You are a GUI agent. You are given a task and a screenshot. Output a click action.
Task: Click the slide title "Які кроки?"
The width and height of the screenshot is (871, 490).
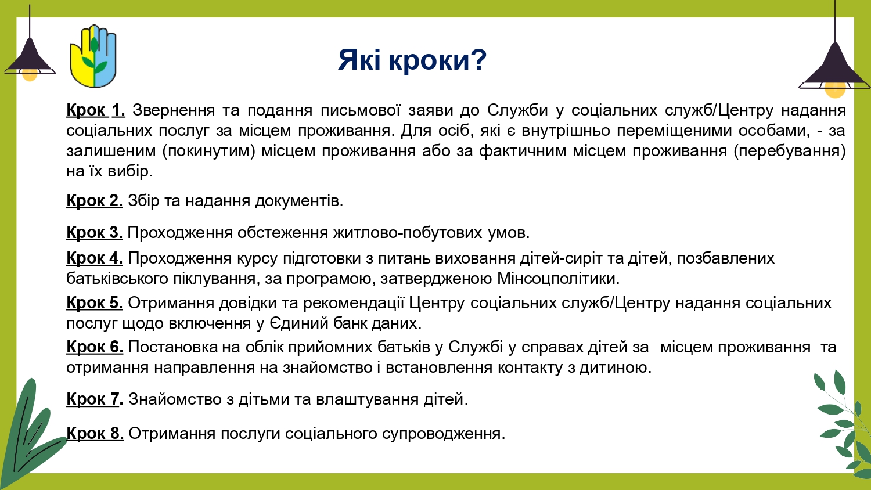pos(412,60)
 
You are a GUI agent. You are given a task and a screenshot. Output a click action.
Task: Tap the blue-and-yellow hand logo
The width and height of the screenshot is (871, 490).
pos(93,56)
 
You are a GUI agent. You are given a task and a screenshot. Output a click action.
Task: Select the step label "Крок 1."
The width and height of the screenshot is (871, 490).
pos(96,110)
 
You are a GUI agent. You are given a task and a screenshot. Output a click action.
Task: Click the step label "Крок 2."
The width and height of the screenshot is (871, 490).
pos(95,201)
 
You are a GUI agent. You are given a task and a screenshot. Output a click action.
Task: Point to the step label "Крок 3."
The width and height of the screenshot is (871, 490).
pos(95,233)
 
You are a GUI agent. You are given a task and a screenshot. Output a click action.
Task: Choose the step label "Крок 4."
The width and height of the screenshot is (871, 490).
pos(95,258)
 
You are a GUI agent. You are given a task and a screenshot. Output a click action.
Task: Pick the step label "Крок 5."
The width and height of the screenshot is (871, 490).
pos(95,302)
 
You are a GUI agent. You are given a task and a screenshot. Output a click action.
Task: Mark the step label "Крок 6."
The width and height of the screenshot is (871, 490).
pos(95,347)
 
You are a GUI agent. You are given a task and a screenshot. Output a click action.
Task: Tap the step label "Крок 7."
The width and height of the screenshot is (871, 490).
pos(95,399)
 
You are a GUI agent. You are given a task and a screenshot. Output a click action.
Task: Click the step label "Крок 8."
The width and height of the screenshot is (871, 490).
pos(95,433)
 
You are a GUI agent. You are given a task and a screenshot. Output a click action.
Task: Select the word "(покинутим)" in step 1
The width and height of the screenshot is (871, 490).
pos(209,151)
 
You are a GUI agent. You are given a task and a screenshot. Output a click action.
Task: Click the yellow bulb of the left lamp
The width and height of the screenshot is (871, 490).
pos(30,75)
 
